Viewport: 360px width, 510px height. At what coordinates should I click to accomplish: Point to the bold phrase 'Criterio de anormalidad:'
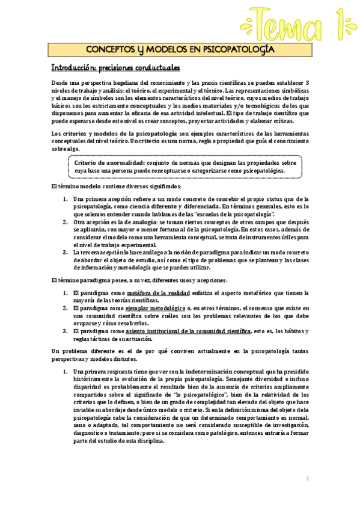(109, 163)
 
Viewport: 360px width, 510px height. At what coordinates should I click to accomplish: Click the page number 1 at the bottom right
(307, 478)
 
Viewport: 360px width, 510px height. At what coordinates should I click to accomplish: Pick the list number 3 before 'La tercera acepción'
(66, 253)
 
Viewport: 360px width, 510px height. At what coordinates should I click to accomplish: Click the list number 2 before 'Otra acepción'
(66, 221)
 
